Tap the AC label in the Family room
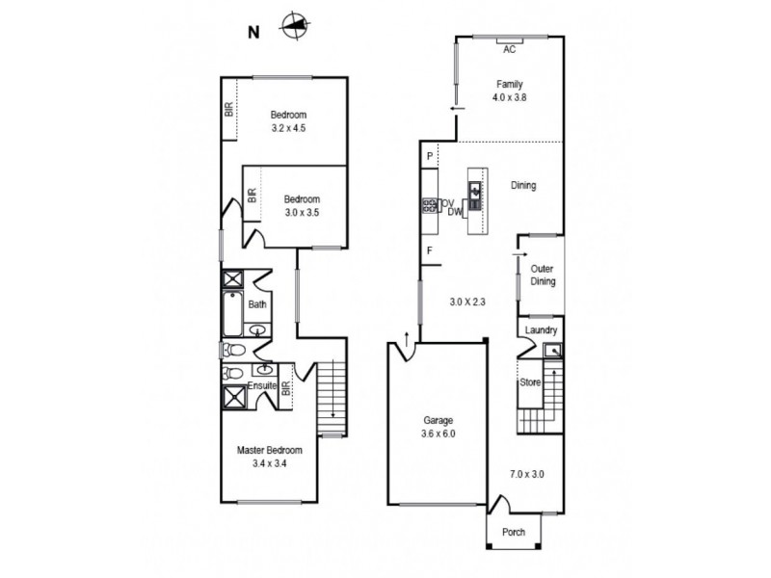(x=510, y=49)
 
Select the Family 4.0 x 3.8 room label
(x=510, y=91)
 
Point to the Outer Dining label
(x=544, y=276)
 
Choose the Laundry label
(x=541, y=330)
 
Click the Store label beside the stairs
(x=531, y=382)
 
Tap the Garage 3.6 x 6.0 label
(x=438, y=427)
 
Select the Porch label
(x=514, y=532)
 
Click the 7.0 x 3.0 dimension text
(x=527, y=473)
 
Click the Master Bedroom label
(x=270, y=456)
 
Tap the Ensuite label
(x=261, y=386)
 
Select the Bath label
(x=257, y=304)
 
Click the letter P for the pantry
(x=428, y=155)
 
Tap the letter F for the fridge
(x=428, y=252)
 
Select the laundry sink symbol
(x=552, y=351)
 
